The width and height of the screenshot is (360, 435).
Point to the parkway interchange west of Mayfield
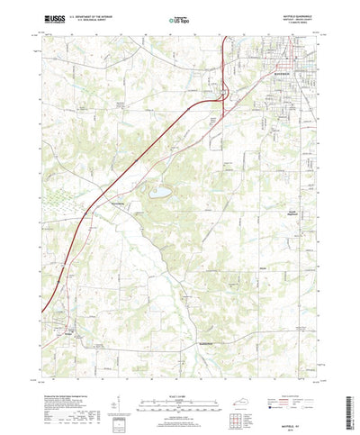tap(225, 91)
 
